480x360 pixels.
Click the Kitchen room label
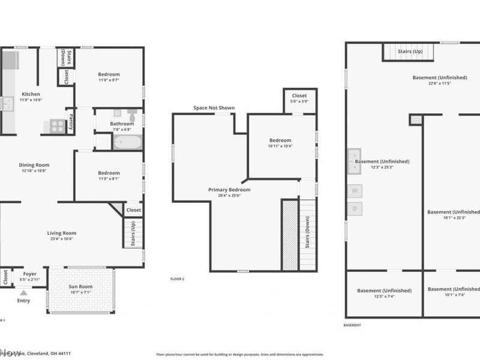[x=31, y=94]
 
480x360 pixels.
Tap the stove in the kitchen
[x=57, y=126]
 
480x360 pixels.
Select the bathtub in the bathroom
[x=127, y=143]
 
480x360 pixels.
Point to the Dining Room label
[x=34, y=165]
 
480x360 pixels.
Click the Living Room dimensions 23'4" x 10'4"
[x=62, y=239]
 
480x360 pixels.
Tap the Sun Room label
[x=82, y=287]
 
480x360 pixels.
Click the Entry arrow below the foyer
[x=23, y=292]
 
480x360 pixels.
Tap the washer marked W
[x=355, y=191]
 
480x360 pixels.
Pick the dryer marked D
[x=355, y=209]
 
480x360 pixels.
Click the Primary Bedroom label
[x=229, y=190]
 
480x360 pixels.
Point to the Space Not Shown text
[x=214, y=108]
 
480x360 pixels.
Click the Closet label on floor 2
[x=299, y=95]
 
